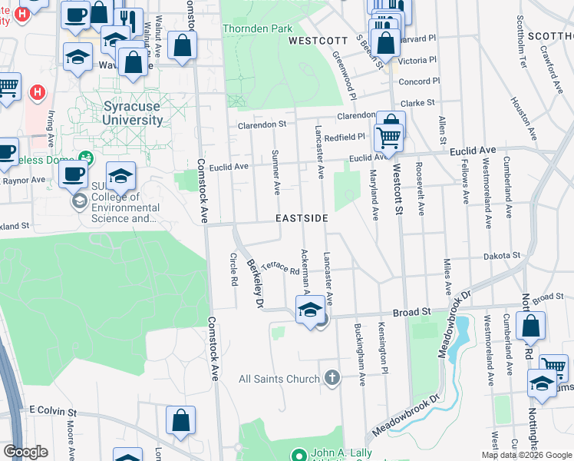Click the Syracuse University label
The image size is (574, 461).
point(133,113)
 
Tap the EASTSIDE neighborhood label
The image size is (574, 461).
point(302,219)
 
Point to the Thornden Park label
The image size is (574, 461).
point(258,28)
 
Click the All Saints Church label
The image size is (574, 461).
point(279,379)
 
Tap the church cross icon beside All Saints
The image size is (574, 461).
point(332,378)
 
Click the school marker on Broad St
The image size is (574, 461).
point(310,310)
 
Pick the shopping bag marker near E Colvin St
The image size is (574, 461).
point(180,421)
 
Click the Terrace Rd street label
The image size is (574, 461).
point(279,267)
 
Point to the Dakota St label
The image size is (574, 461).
point(502,255)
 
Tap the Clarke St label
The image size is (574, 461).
point(417,102)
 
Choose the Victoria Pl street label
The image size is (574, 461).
point(418,60)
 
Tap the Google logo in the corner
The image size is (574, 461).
point(26,452)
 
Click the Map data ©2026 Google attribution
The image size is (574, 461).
point(526,455)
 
